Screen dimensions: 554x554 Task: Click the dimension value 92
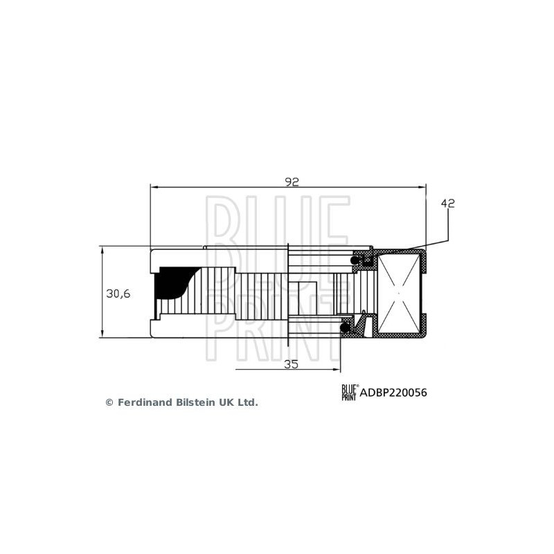coord(292,181)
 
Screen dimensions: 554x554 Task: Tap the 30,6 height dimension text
coord(118,293)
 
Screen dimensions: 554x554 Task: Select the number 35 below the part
coord(292,364)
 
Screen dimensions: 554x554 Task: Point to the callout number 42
coord(447,204)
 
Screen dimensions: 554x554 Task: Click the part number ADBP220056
coord(393,393)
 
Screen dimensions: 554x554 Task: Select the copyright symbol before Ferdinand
coord(109,402)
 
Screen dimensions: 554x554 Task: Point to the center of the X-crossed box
coord(397,293)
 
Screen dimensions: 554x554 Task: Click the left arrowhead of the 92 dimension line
coord(154,187)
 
